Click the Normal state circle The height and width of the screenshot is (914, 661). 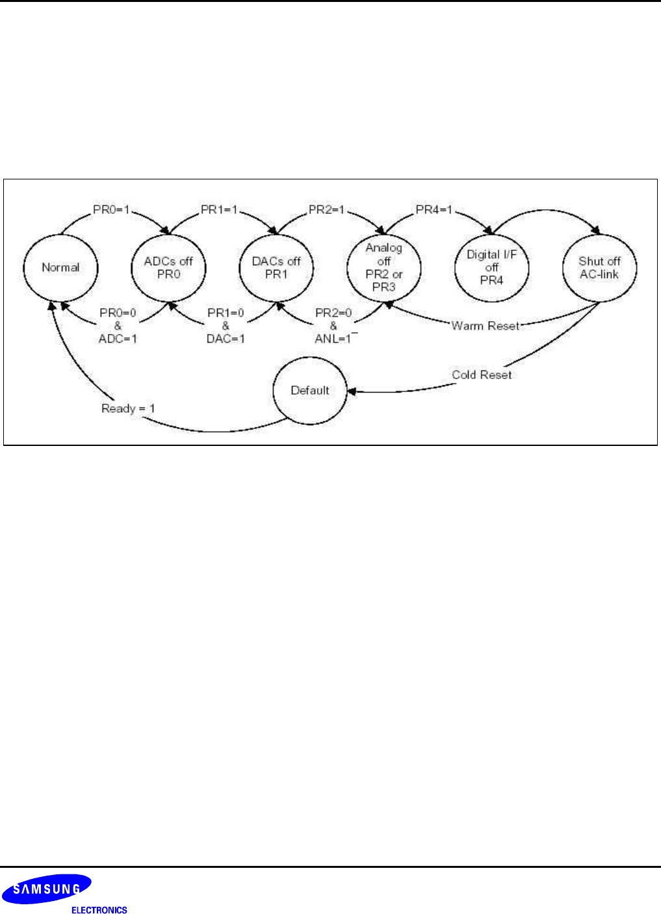click(x=60, y=267)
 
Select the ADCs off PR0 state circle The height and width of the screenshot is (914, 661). click(x=168, y=267)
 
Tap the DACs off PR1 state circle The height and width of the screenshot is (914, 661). click(x=276, y=267)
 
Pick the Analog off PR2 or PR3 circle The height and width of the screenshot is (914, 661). click(x=383, y=267)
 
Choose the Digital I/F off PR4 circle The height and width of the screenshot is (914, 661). click(x=491, y=267)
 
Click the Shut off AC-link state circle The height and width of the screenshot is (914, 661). click(x=599, y=267)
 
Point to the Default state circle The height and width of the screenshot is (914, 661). click(x=310, y=391)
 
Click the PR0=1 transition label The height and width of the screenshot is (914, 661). click(x=111, y=210)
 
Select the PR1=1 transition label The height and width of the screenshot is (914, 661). click(x=219, y=210)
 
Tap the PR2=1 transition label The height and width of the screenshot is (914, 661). click(x=327, y=210)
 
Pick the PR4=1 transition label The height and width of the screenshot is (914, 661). click(x=434, y=210)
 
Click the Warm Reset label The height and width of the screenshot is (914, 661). click(x=486, y=326)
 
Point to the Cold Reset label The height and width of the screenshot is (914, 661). click(x=482, y=375)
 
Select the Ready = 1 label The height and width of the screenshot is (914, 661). click(x=128, y=409)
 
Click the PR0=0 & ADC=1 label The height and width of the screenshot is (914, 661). click(x=118, y=326)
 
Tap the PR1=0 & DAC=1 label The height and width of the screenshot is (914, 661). click(x=226, y=326)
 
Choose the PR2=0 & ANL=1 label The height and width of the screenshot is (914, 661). click(x=333, y=326)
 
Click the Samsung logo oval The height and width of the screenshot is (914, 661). click(x=47, y=889)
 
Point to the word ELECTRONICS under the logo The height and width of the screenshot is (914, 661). click(x=99, y=910)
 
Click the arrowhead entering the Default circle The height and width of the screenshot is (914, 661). click(x=352, y=392)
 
